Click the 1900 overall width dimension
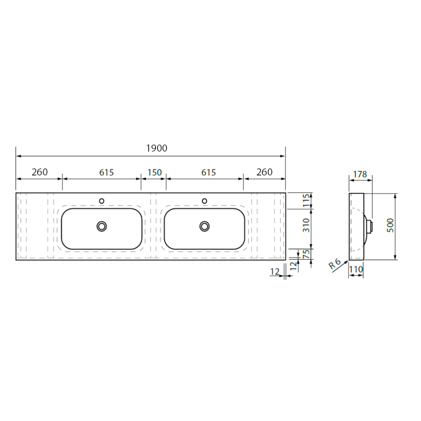[x=157, y=148]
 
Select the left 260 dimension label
[x=39, y=172]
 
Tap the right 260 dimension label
[x=264, y=172]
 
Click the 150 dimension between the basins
[x=154, y=172]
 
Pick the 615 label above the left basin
[x=106, y=172]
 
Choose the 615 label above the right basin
[x=208, y=172]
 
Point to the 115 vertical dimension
[x=306, y=201]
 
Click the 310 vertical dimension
[x=306, y=225]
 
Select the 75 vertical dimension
[x=306, y=254]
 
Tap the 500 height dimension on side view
[x=390, y=225]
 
